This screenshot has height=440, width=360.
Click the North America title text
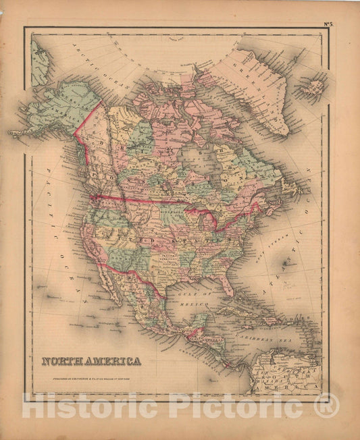click(x=91, y=362)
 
